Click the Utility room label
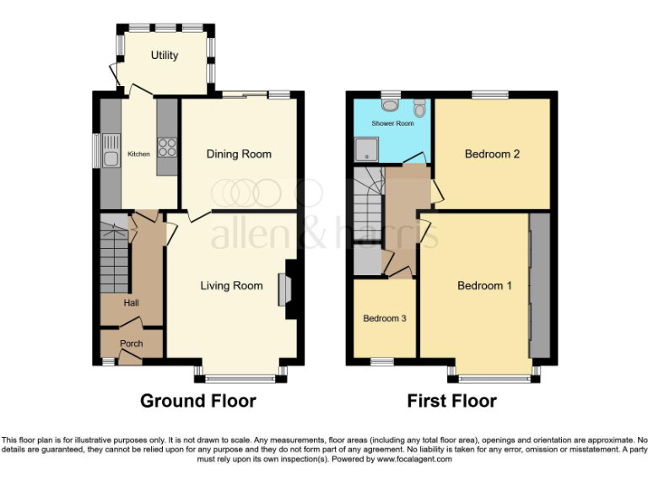tap(165, 56)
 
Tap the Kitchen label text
tap(138, 154)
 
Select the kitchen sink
tap(109, 155)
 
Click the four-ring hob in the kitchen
tap(167, 148)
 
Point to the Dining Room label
tap(240, 154)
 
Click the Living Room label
tap(231, 286)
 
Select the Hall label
tap(131, 304)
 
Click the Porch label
tap(131, 343)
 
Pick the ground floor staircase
tap(114, 253)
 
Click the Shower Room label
tap(393, 123)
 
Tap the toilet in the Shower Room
tap(419, 108)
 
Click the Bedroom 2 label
tap(492, 154)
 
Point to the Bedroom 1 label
tap(484, 286)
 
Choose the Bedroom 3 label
tap(385, 319)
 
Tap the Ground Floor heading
tap(197, 401)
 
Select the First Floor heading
tap(451, 401)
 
